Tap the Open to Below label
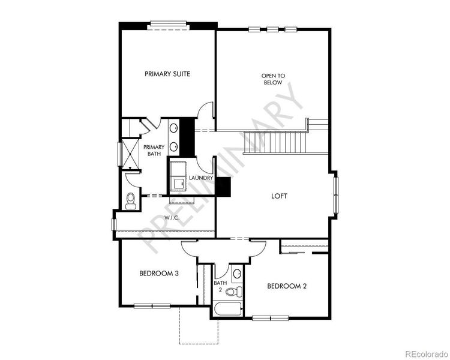273,79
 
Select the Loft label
280,196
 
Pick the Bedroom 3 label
159,274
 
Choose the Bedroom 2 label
287,286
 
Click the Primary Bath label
154,150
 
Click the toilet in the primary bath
131,201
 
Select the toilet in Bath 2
239,292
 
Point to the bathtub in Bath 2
227,310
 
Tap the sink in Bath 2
237,274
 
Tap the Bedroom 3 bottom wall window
152,306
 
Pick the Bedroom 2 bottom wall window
271,317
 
